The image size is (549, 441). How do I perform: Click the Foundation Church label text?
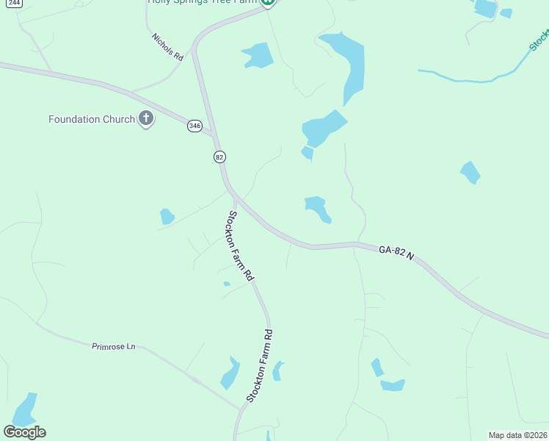(92, 119)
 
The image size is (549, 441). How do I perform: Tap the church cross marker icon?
(146, 118)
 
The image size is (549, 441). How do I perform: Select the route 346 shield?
(194, 126)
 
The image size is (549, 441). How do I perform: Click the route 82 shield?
(219, 157)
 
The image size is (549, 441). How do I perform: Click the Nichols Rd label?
(167, 47)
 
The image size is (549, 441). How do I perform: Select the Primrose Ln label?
(114, 346)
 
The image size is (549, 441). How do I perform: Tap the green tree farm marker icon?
(269, 2)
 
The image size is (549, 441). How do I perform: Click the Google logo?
(24, 432)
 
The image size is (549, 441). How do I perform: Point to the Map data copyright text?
(518, 435)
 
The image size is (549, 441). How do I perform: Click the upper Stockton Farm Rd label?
(240, 246)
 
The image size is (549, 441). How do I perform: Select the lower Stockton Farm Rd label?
(260, 365)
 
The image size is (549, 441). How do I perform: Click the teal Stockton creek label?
(539, 40)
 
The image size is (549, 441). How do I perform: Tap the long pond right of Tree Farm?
(348, 66)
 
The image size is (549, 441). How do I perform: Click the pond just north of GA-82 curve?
(317, 209)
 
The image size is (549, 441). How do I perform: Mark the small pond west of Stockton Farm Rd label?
(167, 216)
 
